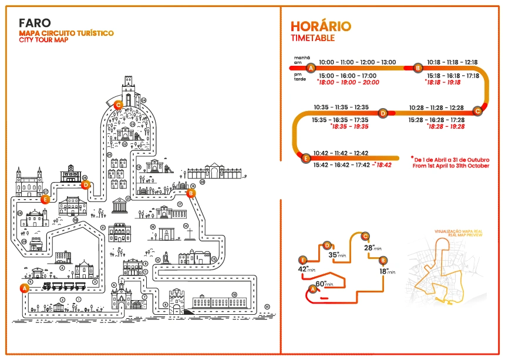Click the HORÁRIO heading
click(321, 26)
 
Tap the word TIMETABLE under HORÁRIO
click(313, 38)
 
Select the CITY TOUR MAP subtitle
click(43, 41)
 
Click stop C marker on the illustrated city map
click(118, 106)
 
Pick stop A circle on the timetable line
click(311, 68)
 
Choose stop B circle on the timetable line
click(418, 68)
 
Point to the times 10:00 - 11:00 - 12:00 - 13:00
click(357, 62)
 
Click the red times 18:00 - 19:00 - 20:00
click(348, 83)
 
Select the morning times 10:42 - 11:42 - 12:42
click(341, 153)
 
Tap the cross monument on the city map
click(189, 234)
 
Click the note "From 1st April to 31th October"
click(450, 166)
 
